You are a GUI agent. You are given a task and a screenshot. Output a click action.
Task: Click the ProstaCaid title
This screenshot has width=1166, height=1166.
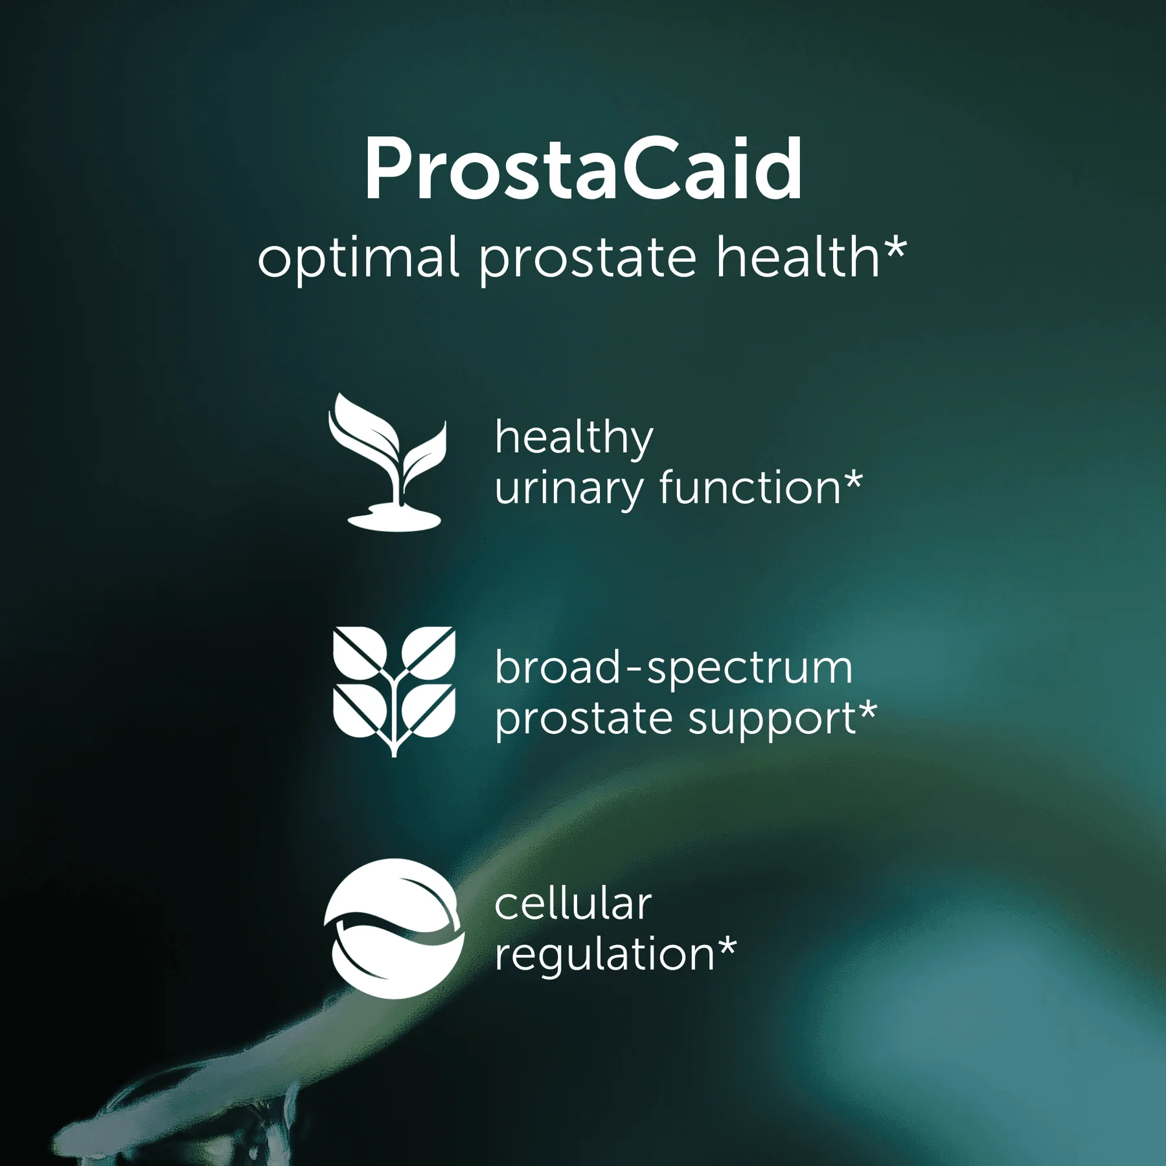(x=583, y=170)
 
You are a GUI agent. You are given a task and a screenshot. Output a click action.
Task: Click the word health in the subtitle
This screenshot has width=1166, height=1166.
(x=797, y=257)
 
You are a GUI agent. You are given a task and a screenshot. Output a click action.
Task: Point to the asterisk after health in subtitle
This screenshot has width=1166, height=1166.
(x=895, y=248)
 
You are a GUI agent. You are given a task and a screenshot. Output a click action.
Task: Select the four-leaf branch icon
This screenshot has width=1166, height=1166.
(x=394, y=689)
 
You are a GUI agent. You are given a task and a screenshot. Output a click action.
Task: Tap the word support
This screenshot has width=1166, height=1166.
(x=772, y=720)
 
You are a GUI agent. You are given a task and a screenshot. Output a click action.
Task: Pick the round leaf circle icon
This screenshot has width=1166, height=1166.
(x=394, y=928)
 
